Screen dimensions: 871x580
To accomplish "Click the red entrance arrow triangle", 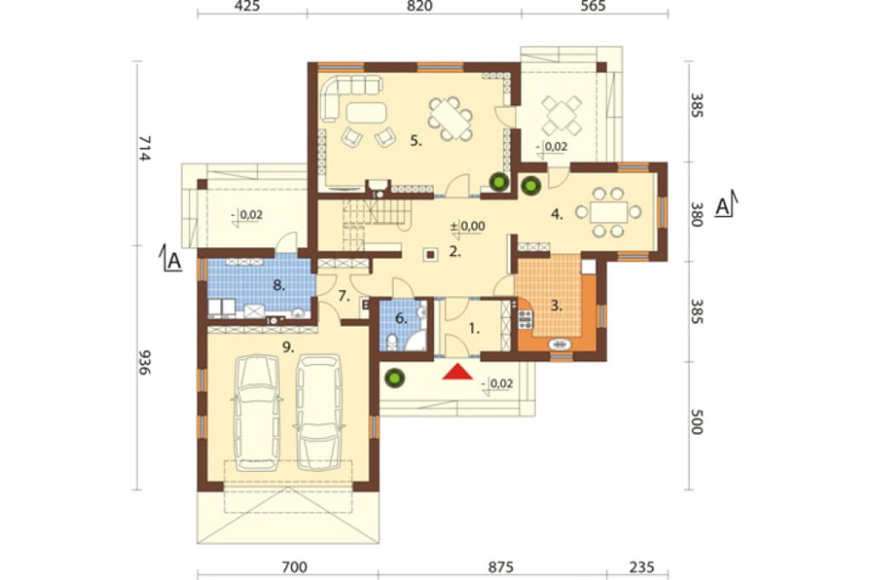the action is click(457, 372).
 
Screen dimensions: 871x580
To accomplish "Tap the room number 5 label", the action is click(416, 141).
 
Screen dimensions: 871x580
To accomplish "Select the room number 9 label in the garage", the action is click(287, 347).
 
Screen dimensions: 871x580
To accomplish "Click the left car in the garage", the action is click(257, 412).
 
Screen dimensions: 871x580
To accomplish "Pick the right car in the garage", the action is click(318, 412).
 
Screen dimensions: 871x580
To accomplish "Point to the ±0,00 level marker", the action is click(467, 226).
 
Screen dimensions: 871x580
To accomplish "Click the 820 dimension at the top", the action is click(420, 6).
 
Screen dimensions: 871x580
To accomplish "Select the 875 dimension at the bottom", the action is click(501, 567).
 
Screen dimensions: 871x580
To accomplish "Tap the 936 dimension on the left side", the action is click(144, 362).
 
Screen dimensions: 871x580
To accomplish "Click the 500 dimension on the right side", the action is click(697, 422).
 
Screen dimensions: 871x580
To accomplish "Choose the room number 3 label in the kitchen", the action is click(557, 306).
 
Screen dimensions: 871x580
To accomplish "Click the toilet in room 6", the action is click(392, 341).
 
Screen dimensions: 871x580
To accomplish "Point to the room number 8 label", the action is click(279, 286).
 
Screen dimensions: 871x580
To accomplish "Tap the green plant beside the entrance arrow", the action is click(395, 378).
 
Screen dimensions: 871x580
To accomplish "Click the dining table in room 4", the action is click(608, 212).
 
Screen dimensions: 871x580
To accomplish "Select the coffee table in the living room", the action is click(366, 113).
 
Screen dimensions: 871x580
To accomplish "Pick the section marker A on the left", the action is click(171, 259).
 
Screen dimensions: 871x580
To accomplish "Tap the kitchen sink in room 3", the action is click(560, 345).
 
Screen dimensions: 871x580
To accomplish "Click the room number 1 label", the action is click(474, 329).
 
